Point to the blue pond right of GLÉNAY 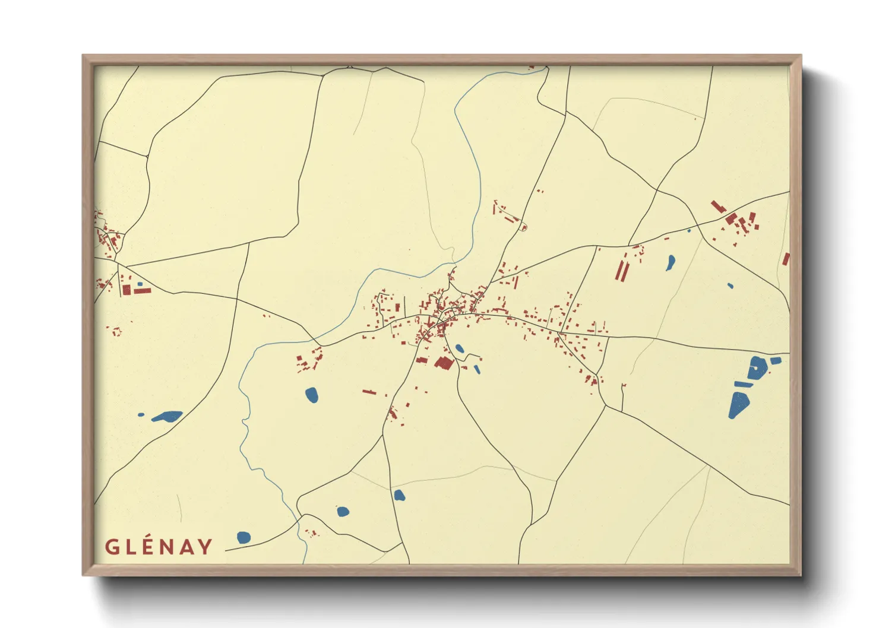point(244,538)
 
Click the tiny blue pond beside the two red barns point(140,284)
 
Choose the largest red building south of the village point(444,362)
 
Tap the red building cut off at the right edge point(786,259)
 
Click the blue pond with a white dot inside point(756,368)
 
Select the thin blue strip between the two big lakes point(742,384)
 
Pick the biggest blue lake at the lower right point(739,405)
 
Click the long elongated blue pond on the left point(167,416)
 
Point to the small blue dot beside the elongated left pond point(141,415)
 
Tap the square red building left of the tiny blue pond point(126,290)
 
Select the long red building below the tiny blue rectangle point(143,291)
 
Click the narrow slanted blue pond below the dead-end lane point(477,369)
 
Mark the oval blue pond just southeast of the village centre point(459,349)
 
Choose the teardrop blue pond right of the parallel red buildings point(670,262)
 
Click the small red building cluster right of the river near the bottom point(310,532)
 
